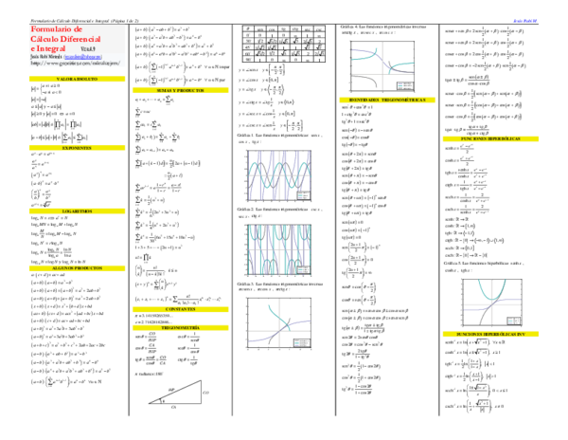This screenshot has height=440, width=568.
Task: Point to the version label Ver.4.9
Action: point(89,48)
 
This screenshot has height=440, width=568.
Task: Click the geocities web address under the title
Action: point(76,63)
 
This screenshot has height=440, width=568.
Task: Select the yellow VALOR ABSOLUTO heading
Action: point(77,80)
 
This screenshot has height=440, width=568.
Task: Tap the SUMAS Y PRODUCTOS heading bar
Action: point(180,90)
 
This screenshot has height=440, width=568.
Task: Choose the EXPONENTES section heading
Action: point(77,148)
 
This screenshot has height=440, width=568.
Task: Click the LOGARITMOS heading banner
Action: point(77,211)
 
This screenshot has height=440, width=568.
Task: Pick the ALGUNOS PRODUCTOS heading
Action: point(77,268)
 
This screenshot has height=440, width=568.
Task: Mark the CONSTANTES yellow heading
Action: point(180,309)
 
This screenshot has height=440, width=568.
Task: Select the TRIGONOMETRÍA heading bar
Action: point(180,327)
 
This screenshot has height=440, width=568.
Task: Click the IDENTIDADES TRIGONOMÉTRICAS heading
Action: point(387,100)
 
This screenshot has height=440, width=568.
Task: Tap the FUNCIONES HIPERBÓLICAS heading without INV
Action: point(490,138)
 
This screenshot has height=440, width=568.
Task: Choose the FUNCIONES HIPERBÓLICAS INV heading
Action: point(490,334)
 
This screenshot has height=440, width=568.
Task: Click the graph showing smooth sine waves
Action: point(279,175)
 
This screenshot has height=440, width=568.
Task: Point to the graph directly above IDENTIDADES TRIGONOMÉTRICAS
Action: point(382,66)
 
